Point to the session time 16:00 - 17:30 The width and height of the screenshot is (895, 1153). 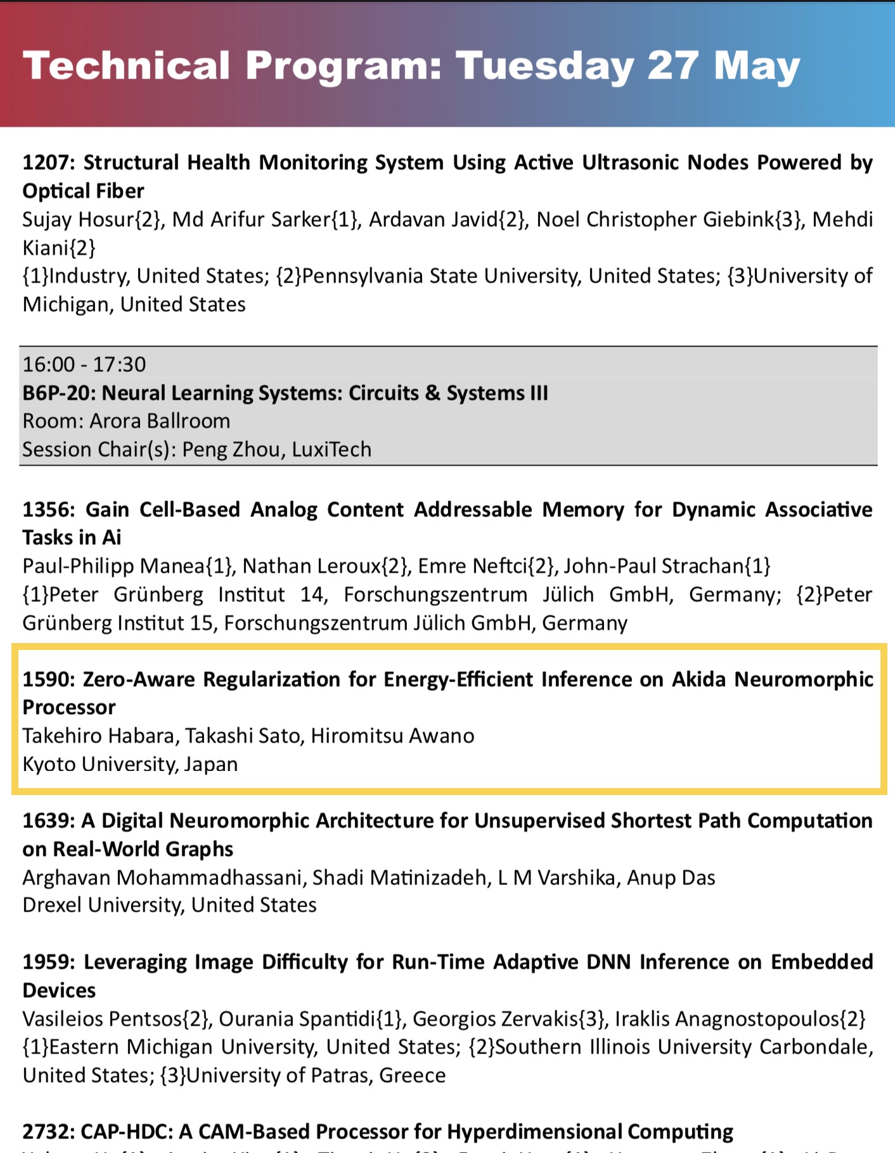pyautogui.click(x=84, y=364)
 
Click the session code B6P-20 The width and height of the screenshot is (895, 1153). pyautogui.click(x=57, y=393)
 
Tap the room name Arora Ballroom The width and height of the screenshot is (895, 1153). pyautogui.click(x=160, y=421)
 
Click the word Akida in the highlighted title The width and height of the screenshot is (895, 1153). pyautogui.click(x=699, y=679)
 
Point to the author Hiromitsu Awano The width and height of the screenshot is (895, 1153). pyautogui.click(x=392, y=736)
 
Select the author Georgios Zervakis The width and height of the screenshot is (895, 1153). pyautogui.click(x=496, y=1019)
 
